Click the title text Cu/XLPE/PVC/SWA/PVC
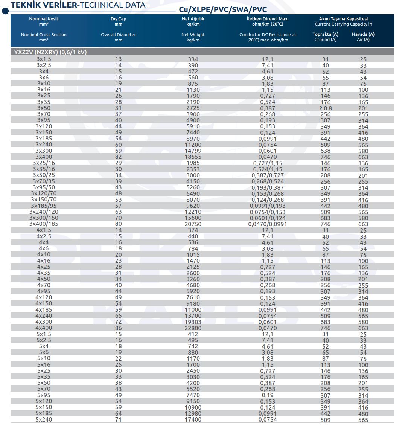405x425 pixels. [x=223, y=10]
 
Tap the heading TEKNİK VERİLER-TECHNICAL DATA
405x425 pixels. [x=78, y=5]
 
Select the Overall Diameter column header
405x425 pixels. [x=119, y=35]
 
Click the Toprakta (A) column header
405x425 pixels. [x=325, y=34]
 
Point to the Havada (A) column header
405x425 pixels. [x=363, y=34]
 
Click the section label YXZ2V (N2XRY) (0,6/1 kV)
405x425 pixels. [x=50, y=52]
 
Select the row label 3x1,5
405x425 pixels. [x=44, y=59]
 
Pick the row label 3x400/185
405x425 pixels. [x=44, y=224]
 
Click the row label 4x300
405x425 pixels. [x=44, y=322]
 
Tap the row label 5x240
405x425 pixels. [x=44, y=420]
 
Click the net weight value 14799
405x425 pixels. [x=193, y=151]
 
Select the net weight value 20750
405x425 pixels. [x=193, y=224]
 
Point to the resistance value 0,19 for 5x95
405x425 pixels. [x=268, y=395]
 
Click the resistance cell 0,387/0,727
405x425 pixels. [x=268, y=175]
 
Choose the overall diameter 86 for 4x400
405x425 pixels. [x=119, y=328]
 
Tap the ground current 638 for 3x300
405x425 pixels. [x=325, y=151]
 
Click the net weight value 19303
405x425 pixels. [x=193, y=322]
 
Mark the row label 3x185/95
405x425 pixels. [x=44, y=206]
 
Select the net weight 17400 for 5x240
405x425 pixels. [x=193, y=420]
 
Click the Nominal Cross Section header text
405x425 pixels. [x=44, y=35]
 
